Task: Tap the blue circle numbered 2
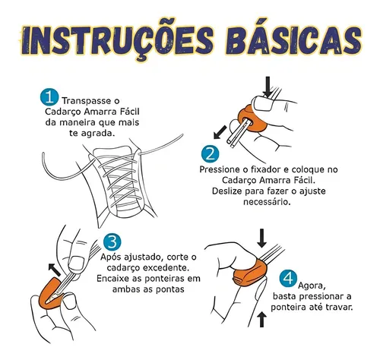point(211,153)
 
